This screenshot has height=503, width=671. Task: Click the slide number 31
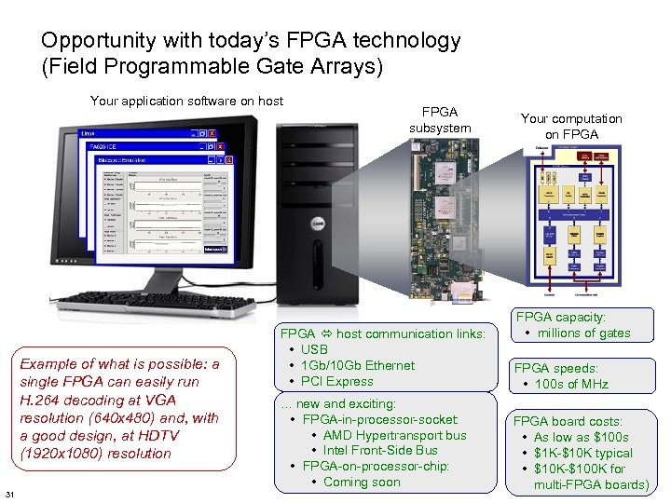coord(9,493)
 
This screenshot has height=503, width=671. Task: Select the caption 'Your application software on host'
coord(186,101)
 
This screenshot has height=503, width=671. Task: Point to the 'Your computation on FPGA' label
coord(571,127)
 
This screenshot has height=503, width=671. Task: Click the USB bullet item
coord(314,349)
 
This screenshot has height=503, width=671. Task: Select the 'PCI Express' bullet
coord(336,381)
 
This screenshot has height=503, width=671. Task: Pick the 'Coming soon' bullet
coord(362,482)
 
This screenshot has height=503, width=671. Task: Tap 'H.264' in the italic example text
coord(40,400)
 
